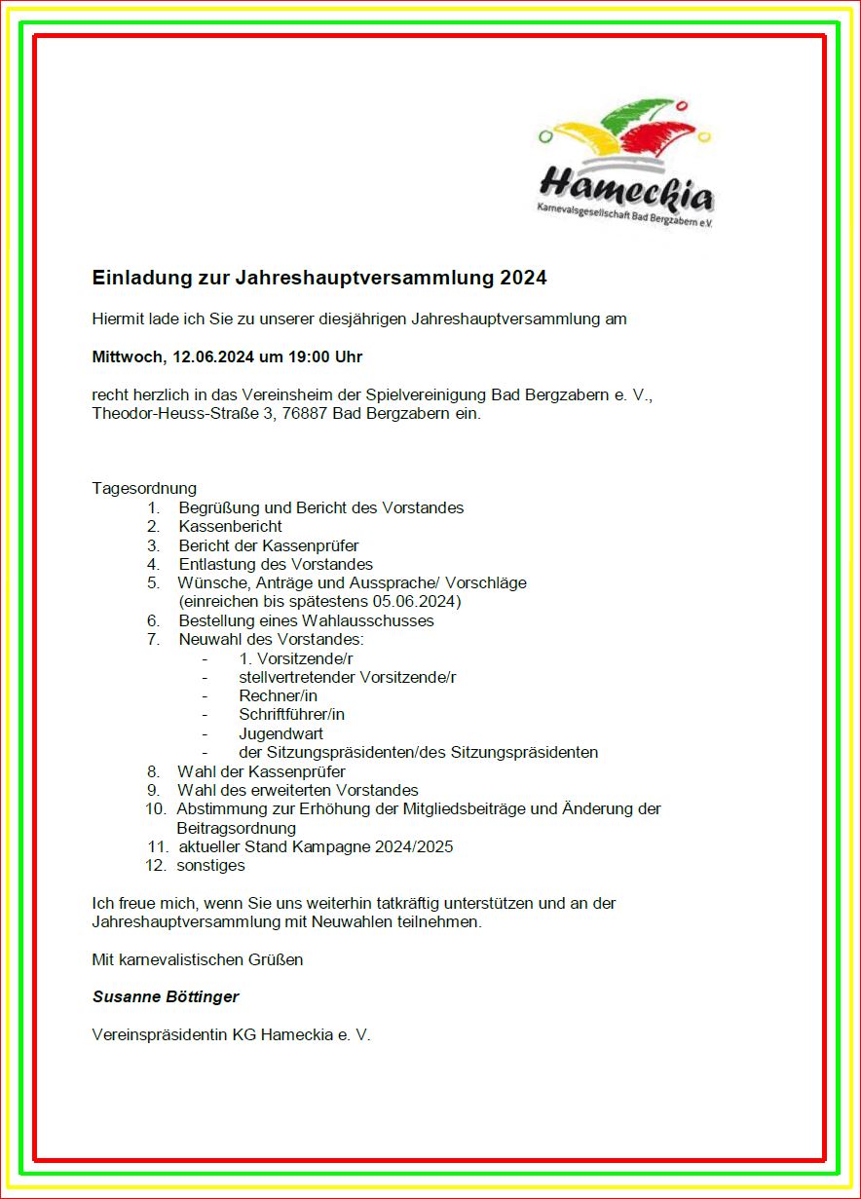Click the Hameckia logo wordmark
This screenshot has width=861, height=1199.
pyautogui.click(x=626, y=184)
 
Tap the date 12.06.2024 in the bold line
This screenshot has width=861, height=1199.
pyautogui.click(x=214, y=357)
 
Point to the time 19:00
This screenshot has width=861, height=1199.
pyautogui.click(x=309, y=357)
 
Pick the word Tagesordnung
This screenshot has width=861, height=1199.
pyautogui.click(x=144, y=488)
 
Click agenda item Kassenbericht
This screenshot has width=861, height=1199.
pyautogui.click(x=230, y=526)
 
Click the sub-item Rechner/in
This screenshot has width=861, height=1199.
pyautogui.click(x=278, y=695)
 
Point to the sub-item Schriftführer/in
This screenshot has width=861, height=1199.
pyautogui.click(x=291, y=714)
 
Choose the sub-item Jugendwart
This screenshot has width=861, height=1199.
pyautogui.click(x=281, y=733)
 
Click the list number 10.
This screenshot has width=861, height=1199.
pyautogui.click(x=156, y=808)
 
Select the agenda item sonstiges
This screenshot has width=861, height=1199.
pyautogui.click(x=210, y=865)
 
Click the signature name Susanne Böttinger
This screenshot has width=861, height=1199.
pyautogui.click(x=166, y=996)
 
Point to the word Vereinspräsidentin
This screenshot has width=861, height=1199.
pyautogui.click(x=159, y=1034)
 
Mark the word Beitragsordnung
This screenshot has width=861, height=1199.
pyautogui.click(x=236, y=828)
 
